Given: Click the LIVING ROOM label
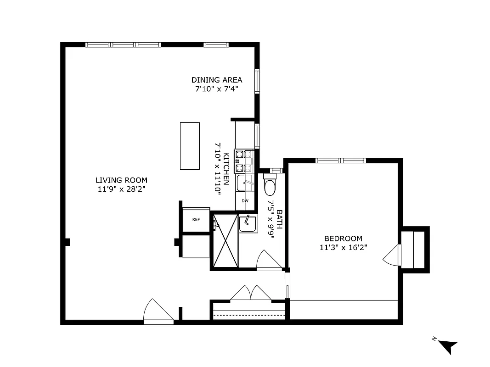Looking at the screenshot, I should [x=121, y=180].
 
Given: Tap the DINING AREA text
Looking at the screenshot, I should [x=217, y=80].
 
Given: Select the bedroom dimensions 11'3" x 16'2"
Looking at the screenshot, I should [x=344, y=247].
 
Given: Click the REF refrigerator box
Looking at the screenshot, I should [x=196, y=219].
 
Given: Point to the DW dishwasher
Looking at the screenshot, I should [x=245, y=201].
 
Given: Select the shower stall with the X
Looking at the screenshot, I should [x=225, y=240].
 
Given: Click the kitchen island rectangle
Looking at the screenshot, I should [x=190, y=146].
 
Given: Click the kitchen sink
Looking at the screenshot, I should [x=244, y=184].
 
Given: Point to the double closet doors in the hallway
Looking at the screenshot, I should [x=251, y=294].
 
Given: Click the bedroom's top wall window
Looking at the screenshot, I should [x=340, y=161].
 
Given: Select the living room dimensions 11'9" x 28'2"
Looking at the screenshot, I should [x=121, y=189].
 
